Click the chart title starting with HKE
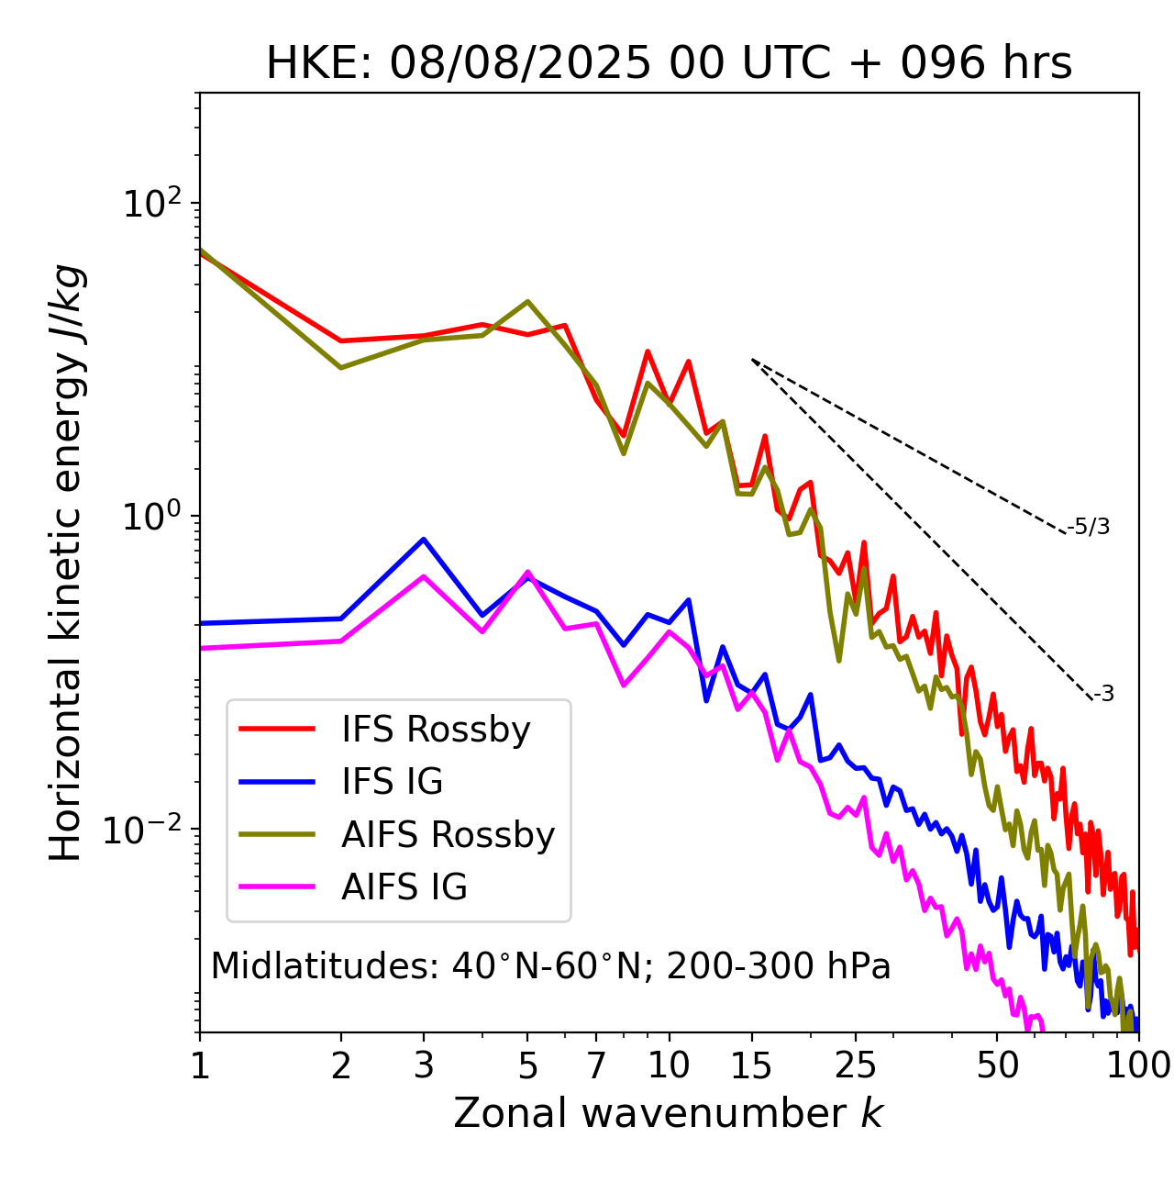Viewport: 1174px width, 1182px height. pos(669,64)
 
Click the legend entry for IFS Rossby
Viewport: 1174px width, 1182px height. pos(436,730)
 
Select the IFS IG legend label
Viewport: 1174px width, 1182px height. pos(392,782)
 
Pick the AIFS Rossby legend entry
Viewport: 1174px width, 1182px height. pos(448,835)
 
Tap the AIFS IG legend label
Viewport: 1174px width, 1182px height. pos(404,887)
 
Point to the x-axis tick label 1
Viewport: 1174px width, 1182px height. pos(200,1065)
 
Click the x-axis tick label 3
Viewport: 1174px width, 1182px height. pos(424,1065)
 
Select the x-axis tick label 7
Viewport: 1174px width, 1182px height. pos(596,1065)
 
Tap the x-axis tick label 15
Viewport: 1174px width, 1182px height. pos(751,1065)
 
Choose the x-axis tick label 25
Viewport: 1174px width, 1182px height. pos(856,1065)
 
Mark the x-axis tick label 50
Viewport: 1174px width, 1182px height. pos(997,1065)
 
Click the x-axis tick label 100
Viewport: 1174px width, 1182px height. pos(1138,1065)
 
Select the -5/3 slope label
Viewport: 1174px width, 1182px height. pos(1089,528)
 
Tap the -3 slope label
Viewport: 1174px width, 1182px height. pos(1103,695)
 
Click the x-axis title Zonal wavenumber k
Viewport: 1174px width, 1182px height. pos(669,1113)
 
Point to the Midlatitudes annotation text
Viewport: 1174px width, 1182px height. pos(550,966)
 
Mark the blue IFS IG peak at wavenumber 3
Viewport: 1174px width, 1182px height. pos(424,540)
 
